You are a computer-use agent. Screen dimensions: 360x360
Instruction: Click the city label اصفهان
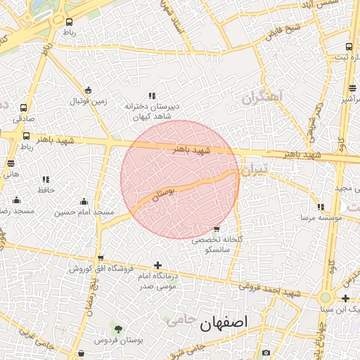click(x=224, y=324)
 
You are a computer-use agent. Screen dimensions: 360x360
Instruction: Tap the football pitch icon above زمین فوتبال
click(x=88, y=90)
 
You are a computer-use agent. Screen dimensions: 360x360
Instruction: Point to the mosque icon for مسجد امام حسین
click(x=84, y=201)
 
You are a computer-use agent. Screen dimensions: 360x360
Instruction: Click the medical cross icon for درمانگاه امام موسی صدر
click(x=157, y=266)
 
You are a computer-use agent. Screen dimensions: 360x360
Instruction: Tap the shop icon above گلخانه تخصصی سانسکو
click(x=216, y=229)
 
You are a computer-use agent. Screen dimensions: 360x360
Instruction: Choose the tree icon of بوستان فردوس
click(x=118, y=329)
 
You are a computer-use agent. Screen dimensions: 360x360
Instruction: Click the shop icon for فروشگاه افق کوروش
click(x=101, y=258)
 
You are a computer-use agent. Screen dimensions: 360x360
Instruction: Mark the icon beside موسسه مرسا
click(x=321, y=207)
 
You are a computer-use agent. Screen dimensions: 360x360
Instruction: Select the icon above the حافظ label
click(x=46, y=180)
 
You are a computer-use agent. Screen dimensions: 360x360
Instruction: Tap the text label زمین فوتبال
click(x=88, y=101)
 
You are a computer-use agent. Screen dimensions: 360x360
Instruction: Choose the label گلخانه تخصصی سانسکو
click(x=217, y=244)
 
